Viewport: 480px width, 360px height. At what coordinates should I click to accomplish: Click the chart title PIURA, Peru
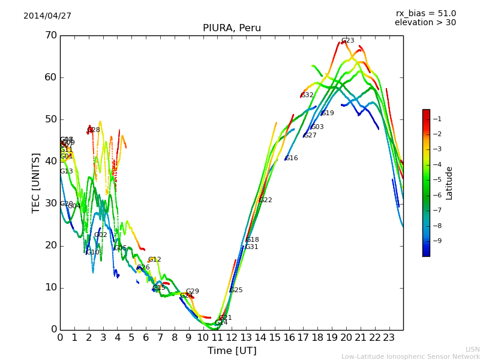pyautogui.click(x=232, y=28)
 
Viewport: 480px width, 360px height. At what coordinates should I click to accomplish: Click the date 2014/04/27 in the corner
pyautogui.click(x=47, y=16)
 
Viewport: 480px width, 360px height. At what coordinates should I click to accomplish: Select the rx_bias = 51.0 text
pyautogui.click(x=425, y=14)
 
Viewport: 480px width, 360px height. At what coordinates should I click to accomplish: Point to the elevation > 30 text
pyautogui.click(x=425, y=23)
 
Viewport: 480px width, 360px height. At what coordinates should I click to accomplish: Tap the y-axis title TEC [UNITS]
pyautogui.click(x=36, y=182)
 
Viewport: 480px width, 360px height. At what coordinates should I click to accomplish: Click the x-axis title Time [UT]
pyautogui.click(x=232, y=351)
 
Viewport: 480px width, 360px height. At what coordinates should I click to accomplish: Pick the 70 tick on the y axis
pyautogui.click(x=50, y=35)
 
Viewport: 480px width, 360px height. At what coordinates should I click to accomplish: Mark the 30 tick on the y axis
pyautogui.click(x=50, y=203)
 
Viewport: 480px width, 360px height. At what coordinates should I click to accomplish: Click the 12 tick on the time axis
pyautogui.click(x=232, y=337)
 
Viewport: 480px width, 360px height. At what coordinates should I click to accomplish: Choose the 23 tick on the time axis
pyautogui.click(x=389, y=337)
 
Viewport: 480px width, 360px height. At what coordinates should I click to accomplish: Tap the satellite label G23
pyautogui.click(x=347, y=41)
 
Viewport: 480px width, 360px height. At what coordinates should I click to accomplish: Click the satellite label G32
pyautogui.click(x=307, y=95)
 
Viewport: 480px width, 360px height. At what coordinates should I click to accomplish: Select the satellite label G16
pyautogui.click(x=291, y=158)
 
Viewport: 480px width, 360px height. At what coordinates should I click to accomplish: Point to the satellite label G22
pyautogui.click(x=265, y=200)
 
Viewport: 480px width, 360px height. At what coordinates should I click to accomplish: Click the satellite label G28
pyautogui.click(x=94, y=130)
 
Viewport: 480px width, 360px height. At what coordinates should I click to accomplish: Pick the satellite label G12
pyautogui.click(x=154, y=260)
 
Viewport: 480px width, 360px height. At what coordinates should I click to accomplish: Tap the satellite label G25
pyautogui.click(x=236, y=290)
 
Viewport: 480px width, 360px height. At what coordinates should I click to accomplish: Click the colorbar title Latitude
pyautogui.click(x=449, y=183)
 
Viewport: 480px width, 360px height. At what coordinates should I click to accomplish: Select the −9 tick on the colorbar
pyautogui.click(x=437, y=241)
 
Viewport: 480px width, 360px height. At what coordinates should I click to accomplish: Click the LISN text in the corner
pyautogui.click(x=472, y=349)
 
